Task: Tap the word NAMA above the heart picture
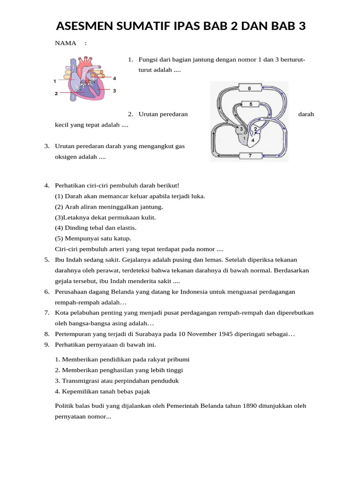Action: click(66, 43)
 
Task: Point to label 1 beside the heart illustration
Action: click(55, 81)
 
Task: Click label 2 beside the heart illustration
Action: click(56, 93)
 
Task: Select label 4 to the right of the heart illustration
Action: click(114, 77)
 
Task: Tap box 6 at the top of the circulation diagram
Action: click(249, 88)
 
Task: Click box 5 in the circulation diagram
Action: click(251, 104)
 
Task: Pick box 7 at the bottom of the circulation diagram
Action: click(249, 155)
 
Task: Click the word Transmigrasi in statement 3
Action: click(81, 381)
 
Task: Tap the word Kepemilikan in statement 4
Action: click(80, 391)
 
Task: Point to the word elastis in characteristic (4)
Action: click(127, 228)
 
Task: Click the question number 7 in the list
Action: click(47, 313)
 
